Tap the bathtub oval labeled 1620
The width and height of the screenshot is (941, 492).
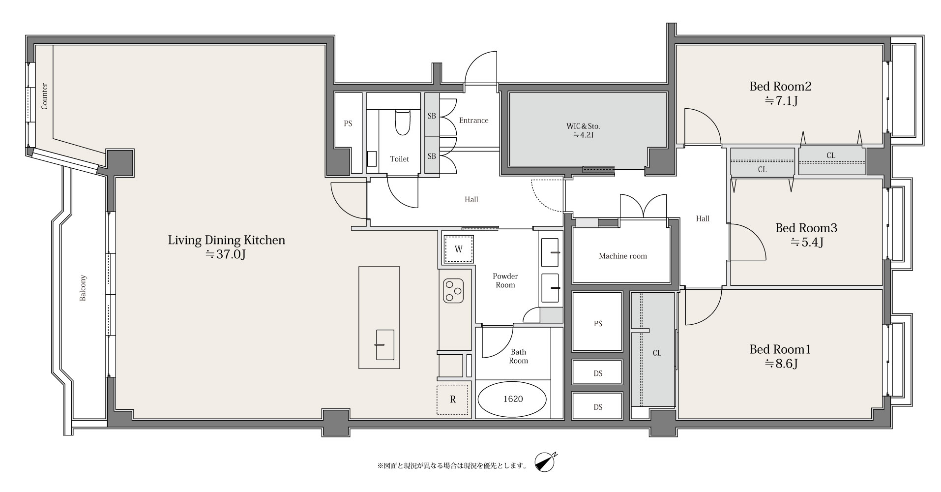512,399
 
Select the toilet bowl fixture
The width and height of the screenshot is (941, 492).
402,122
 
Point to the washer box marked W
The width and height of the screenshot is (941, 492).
458,249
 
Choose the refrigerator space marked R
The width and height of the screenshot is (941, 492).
453,400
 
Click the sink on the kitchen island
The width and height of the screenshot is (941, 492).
384,344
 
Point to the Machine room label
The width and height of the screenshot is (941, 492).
623,256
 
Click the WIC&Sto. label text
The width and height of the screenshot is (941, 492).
583,126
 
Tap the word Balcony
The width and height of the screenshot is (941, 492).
83,288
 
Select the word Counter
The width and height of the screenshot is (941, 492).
44,96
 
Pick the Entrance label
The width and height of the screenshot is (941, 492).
473,121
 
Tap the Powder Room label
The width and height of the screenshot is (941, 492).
505,280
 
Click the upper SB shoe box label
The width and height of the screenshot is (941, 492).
432,116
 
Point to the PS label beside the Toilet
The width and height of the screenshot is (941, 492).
348,124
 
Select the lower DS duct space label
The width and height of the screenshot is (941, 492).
598,407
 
